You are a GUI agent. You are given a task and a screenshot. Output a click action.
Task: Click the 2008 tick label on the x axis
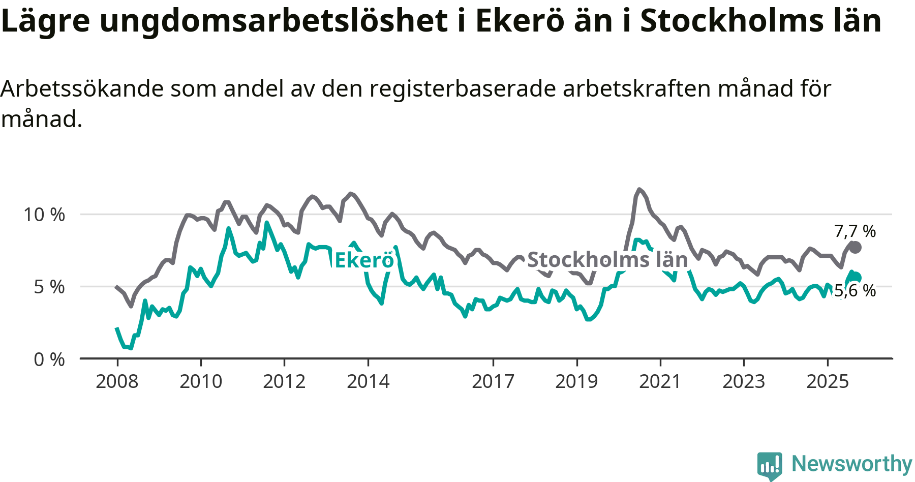click(117, 381)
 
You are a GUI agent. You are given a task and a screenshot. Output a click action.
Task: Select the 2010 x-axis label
click(201, 381)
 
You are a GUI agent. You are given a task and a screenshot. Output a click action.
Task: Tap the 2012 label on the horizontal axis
click(284, 381)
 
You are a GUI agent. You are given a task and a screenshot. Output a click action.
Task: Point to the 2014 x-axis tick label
click(368, 381)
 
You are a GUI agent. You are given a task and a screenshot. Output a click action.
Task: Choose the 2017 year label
click(493, 381)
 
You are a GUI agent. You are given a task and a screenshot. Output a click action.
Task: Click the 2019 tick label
click(576, 381)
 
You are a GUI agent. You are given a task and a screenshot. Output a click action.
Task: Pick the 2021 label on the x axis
click(660, 381)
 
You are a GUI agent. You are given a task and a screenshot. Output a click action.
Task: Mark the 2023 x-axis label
click(744, 381)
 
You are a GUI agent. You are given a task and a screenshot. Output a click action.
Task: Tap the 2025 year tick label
click(828, 381)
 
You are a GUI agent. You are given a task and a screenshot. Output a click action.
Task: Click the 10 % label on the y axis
click(45, 215)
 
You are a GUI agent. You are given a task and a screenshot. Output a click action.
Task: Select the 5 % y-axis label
click(49, 287)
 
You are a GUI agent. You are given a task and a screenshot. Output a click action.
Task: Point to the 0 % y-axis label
click(49, 359)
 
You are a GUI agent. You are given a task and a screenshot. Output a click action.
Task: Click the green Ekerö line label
click(364, 260)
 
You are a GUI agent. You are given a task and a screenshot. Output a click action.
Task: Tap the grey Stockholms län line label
click(607, 260)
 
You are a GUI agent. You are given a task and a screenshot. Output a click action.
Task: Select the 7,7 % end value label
click(855, 231)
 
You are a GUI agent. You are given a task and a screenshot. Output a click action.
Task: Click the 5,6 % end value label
click(855, 291)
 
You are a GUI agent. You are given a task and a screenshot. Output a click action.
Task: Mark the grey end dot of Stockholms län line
click(855, 248)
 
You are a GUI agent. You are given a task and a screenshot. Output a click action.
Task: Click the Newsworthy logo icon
click(769, 465)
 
